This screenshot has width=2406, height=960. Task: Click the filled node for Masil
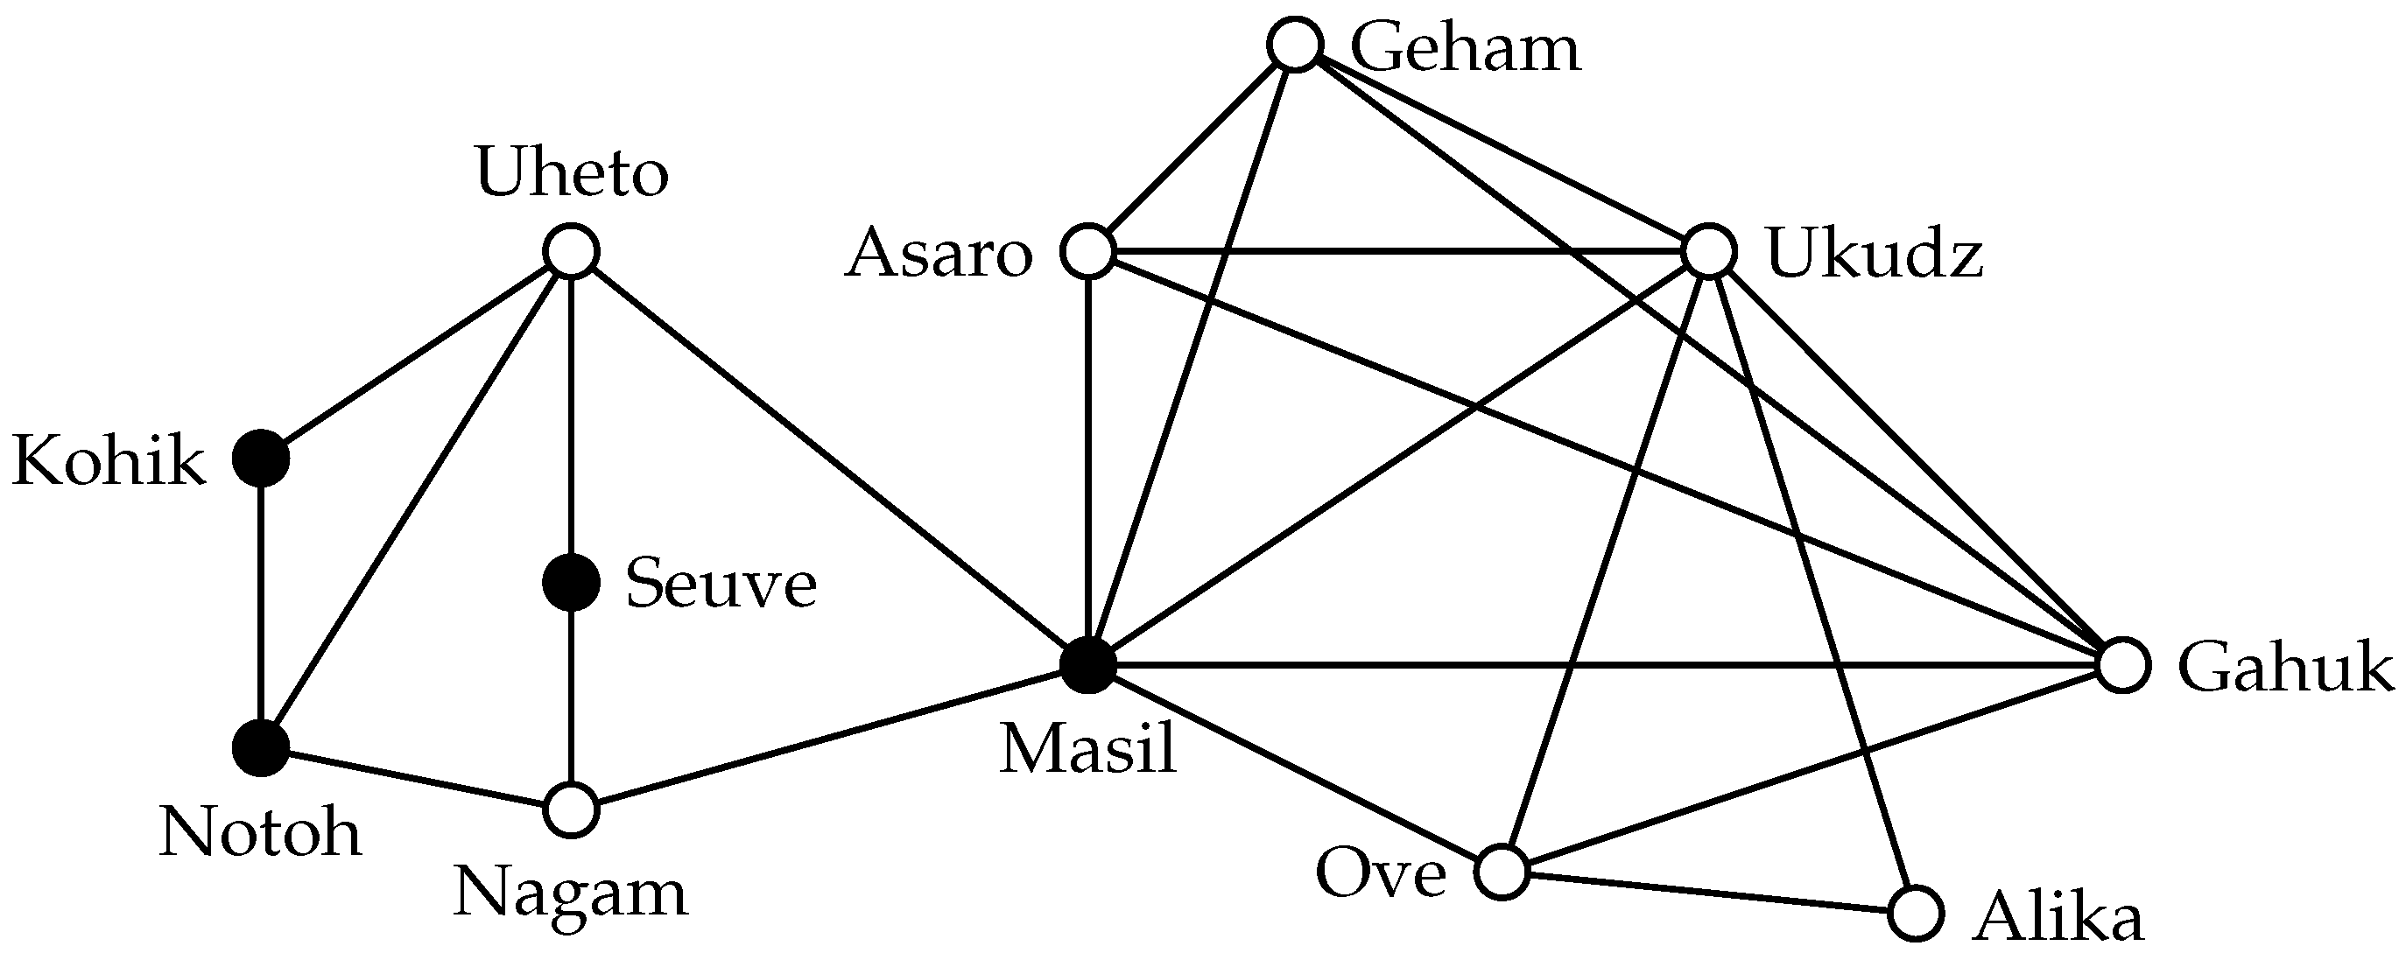point(1088,666)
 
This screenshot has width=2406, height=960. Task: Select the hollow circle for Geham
point(1296,45)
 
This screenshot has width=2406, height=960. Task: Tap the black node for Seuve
point(571,583)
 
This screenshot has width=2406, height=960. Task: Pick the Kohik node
point(261,459)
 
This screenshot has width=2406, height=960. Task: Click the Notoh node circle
point(261,748)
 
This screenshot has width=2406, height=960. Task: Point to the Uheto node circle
point(571,251)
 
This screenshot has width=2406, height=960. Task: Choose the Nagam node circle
point(571,809)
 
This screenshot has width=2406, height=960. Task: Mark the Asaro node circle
point(1088,251)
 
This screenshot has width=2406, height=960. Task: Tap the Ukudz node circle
point(1708,251)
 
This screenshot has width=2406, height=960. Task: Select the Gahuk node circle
point(2123,666)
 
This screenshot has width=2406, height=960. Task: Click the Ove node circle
point(1502,872)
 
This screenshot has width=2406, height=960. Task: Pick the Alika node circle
point(1916,913)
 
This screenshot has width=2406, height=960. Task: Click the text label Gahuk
point(2285,669)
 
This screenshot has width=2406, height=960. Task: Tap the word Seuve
point(721,585)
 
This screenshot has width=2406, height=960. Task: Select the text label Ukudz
point(1875,254)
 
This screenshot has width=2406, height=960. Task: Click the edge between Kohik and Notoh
point(261,603)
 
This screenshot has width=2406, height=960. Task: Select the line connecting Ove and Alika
point(1709,893)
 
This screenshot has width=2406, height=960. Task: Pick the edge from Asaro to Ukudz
point(1398,251)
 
